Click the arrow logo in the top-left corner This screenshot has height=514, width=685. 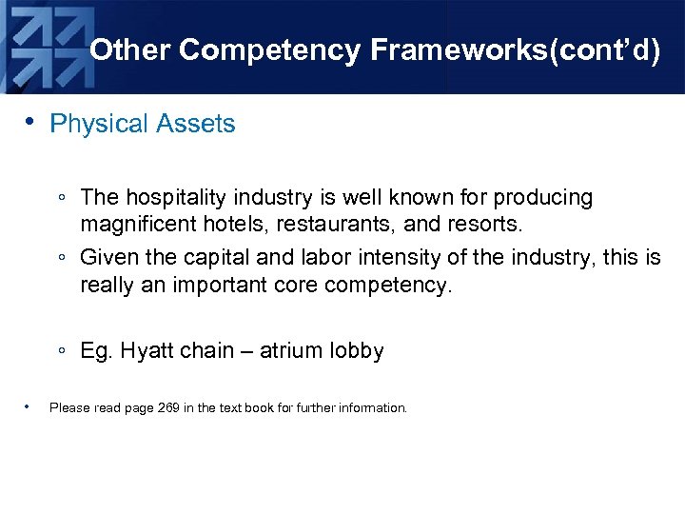click(x=43, y=43)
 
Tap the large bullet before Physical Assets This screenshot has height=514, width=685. click(x=30, y=122)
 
